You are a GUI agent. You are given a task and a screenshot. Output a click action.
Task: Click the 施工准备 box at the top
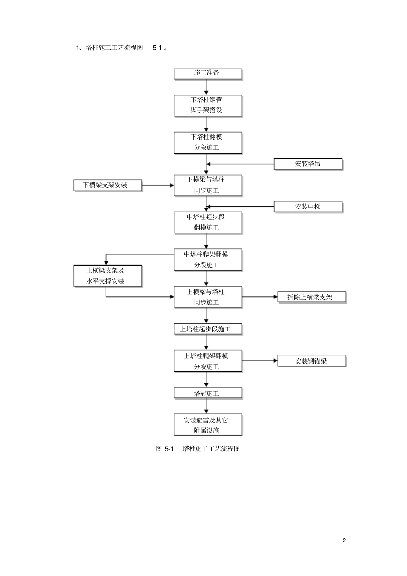pos(208,74)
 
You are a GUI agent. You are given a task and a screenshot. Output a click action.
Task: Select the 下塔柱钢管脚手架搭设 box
pos(208,105)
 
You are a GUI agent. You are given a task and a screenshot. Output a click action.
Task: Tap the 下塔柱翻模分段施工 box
pos(208,143)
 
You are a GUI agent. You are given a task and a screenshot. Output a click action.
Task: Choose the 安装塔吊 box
pos(308,164)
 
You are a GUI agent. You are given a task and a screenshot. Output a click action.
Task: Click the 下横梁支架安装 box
pos(108,185)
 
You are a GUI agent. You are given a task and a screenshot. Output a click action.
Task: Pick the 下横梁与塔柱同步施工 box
pos(208,185)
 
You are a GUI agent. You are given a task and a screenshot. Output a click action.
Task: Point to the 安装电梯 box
pos(308,207)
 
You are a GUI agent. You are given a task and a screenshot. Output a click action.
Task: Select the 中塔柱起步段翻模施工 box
pos(208,223)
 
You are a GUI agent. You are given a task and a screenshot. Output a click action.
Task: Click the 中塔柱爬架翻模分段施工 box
pos(208,260)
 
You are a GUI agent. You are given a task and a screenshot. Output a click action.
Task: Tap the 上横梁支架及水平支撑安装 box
pos(108,276)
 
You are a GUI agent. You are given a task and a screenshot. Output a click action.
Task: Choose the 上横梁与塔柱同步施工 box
pos(208,297)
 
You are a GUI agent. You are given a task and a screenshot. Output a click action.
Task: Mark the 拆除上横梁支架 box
pos(311,297)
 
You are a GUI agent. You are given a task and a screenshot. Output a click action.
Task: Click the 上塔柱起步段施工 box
pos(208,329)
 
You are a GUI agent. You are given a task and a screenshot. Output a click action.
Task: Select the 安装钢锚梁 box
pos(311,361)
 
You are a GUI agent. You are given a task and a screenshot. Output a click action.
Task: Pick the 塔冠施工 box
pos(208,394)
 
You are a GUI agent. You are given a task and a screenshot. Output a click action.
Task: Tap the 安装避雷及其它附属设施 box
pos(208,425)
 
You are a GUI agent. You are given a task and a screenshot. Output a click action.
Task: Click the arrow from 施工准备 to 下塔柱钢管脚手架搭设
pos(206,87)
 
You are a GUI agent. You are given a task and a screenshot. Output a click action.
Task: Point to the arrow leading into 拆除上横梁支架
pos(260,297)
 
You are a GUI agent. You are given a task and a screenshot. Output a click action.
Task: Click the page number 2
pos(344,540)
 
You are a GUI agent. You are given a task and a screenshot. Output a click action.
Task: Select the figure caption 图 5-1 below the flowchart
pos(198,449)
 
